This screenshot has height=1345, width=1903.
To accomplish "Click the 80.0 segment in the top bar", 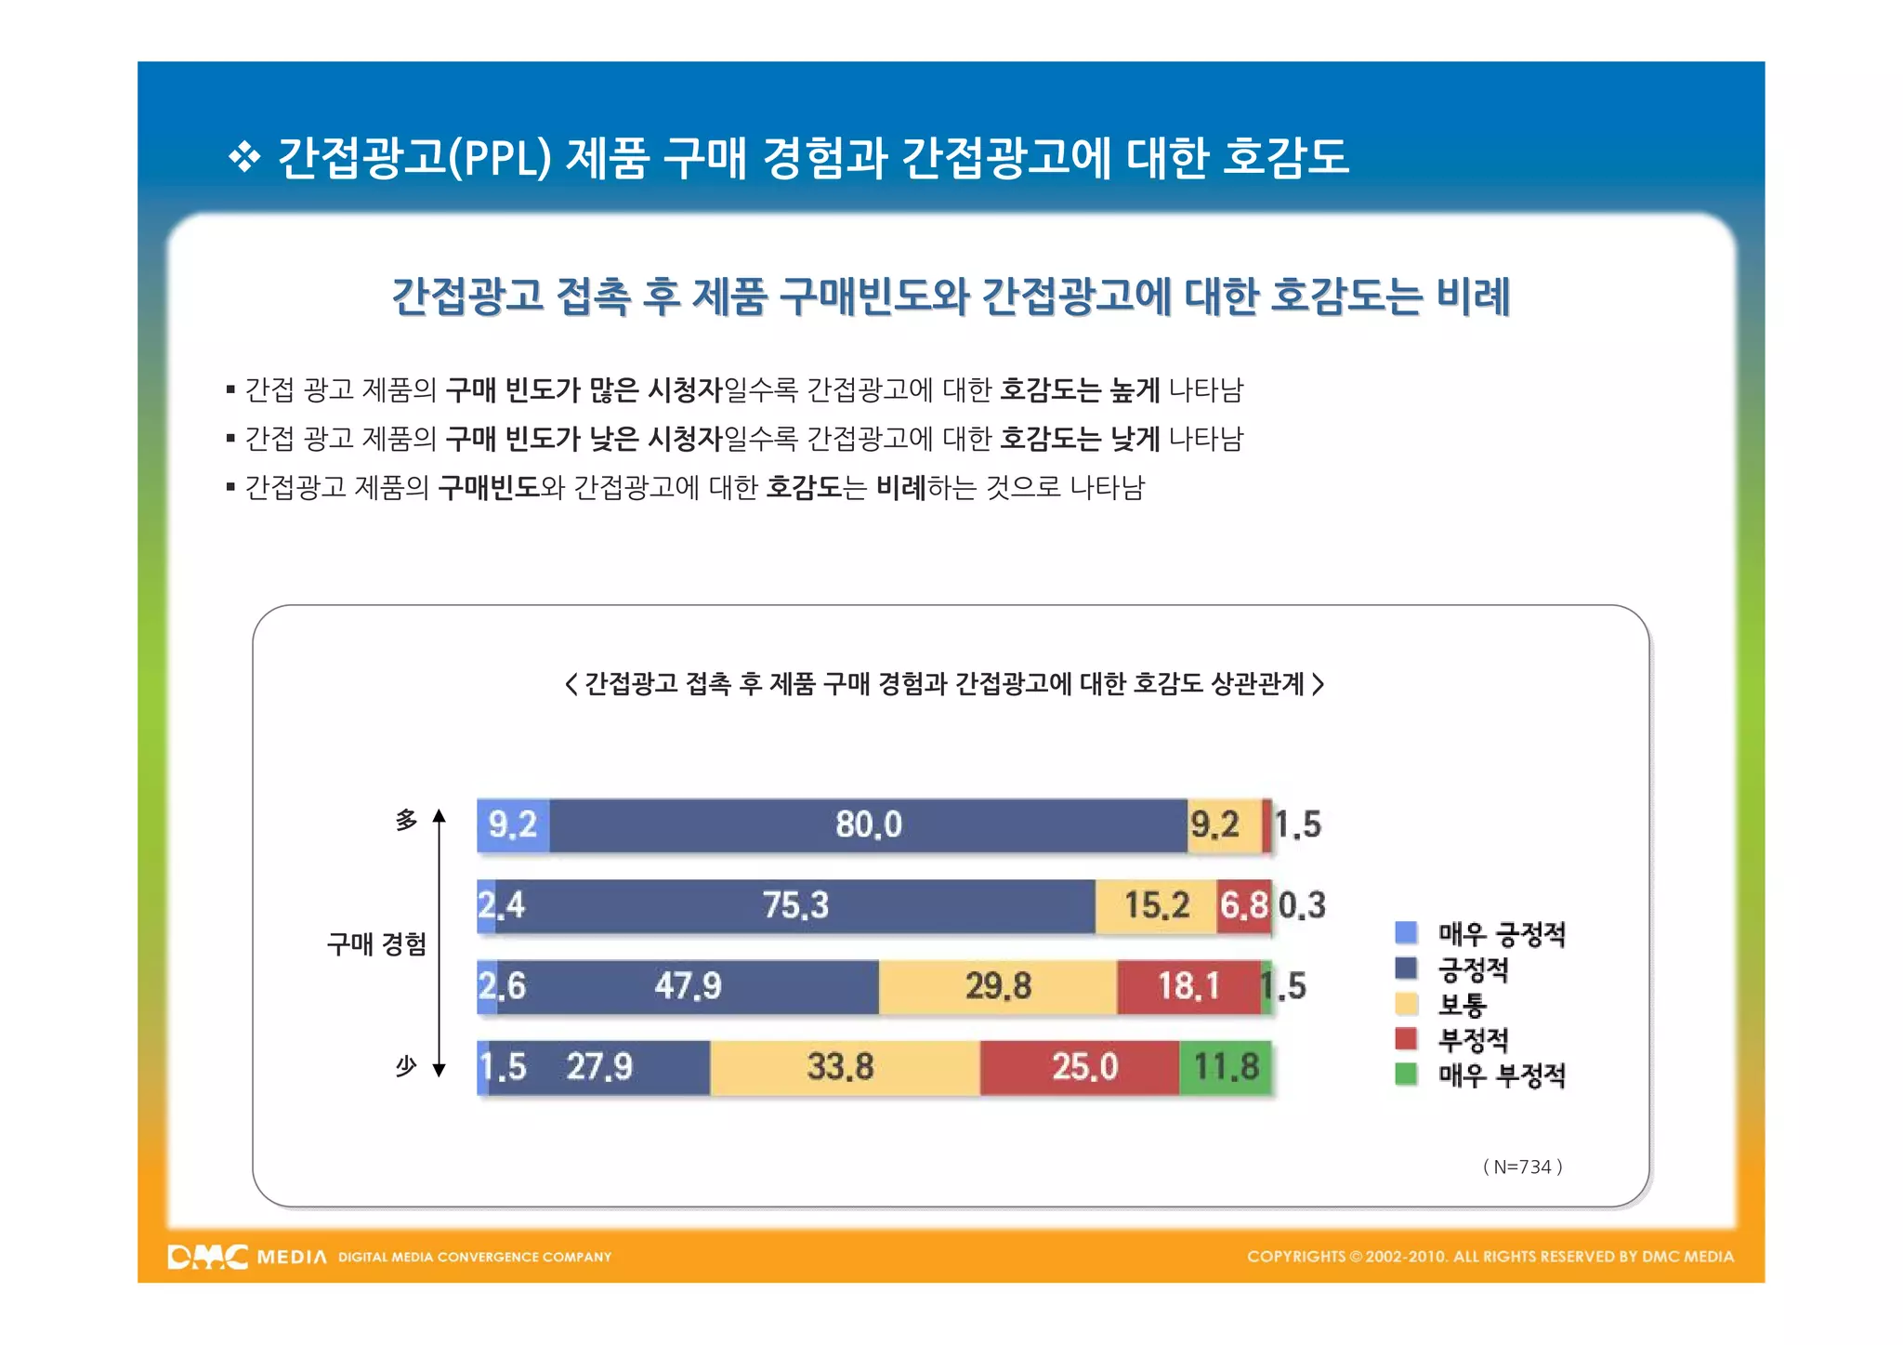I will pyautogui.click(x=868, y=824).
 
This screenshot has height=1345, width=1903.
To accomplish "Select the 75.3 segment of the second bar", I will pyautogui.click(x=795, y=905).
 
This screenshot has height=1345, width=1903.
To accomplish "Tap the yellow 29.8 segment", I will pyautogui.click(x=997, y=986).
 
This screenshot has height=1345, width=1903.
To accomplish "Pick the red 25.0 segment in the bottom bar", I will pyautogui.click(x=1083, y=1067).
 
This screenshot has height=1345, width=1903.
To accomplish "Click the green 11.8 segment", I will pyautogui.click(x=1226, y=1067).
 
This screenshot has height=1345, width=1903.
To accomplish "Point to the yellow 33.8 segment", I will pyautogui.click(x=841, y=1067).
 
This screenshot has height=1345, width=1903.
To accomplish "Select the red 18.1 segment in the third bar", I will pyautogui.click(x=1188, y=986).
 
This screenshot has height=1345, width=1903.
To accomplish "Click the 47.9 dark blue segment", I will pyautogui.click(x=688, y=986).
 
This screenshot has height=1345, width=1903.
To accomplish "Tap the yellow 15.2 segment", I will pyautogui.click(x=1156, y=905).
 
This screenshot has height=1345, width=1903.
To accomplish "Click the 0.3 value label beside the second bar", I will pyautogui.click(x=1302, y=905).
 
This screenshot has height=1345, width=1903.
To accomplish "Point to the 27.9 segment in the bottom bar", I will pyautogui.click(x=599, y=1067).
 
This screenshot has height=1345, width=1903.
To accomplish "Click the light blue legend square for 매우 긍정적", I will pyautogui.click(x=1406, y=932).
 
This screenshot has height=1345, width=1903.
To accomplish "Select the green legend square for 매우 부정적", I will pyautogui.click(x=1406, y=1075).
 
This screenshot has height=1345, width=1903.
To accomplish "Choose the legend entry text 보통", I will pyautogui.click(x=1462, y=1005).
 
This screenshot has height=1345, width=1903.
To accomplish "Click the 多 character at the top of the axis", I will pyautogui.click(x=406, y=820).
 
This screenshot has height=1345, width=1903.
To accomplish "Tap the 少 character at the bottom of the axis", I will pyautogui.click(x=406, y=1066).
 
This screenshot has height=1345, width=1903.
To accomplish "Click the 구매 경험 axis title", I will pyautogui.click(x=376, y=944).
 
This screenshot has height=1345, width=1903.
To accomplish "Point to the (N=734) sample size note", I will pyautogui.click(x=1522, y=1167).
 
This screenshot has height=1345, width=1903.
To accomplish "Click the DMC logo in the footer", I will pyautogui.click(x=208, y=1257).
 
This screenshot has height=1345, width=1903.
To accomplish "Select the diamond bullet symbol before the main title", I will pyautogui.click(x=244, y=157).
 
